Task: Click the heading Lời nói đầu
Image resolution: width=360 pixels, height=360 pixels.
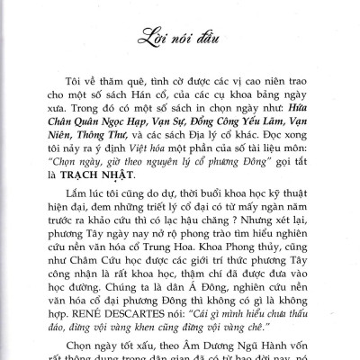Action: [180, 39]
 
